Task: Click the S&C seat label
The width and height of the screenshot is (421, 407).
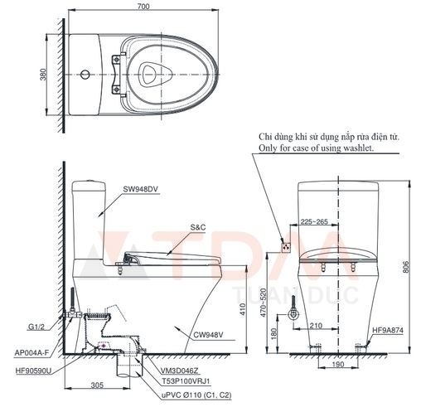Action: [198, 226]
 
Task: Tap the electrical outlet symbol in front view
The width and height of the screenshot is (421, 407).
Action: [286, 245]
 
